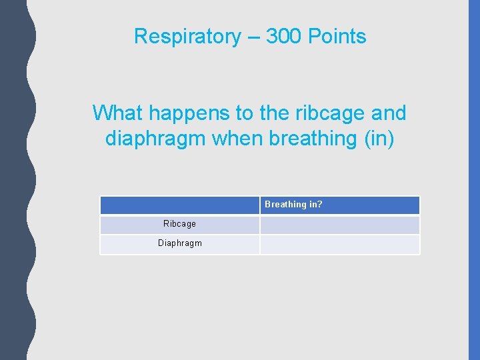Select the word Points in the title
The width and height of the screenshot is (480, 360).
(x=337, y=36)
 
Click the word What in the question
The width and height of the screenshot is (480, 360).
(x=114, y=113)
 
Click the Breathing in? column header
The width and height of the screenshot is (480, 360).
(x=293, y=205)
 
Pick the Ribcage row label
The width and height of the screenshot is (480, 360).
(x=179, y=224)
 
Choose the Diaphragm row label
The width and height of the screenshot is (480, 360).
(x=179, y=243)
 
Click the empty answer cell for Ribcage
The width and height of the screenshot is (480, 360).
(x=339, y=225)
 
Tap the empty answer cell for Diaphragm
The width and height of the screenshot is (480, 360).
(x=339, y=244)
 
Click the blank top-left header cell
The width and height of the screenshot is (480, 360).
(x=179, y=205)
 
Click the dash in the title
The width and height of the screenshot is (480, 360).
(x=253, y=37)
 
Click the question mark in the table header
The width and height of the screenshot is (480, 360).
(x=319, y=205)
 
